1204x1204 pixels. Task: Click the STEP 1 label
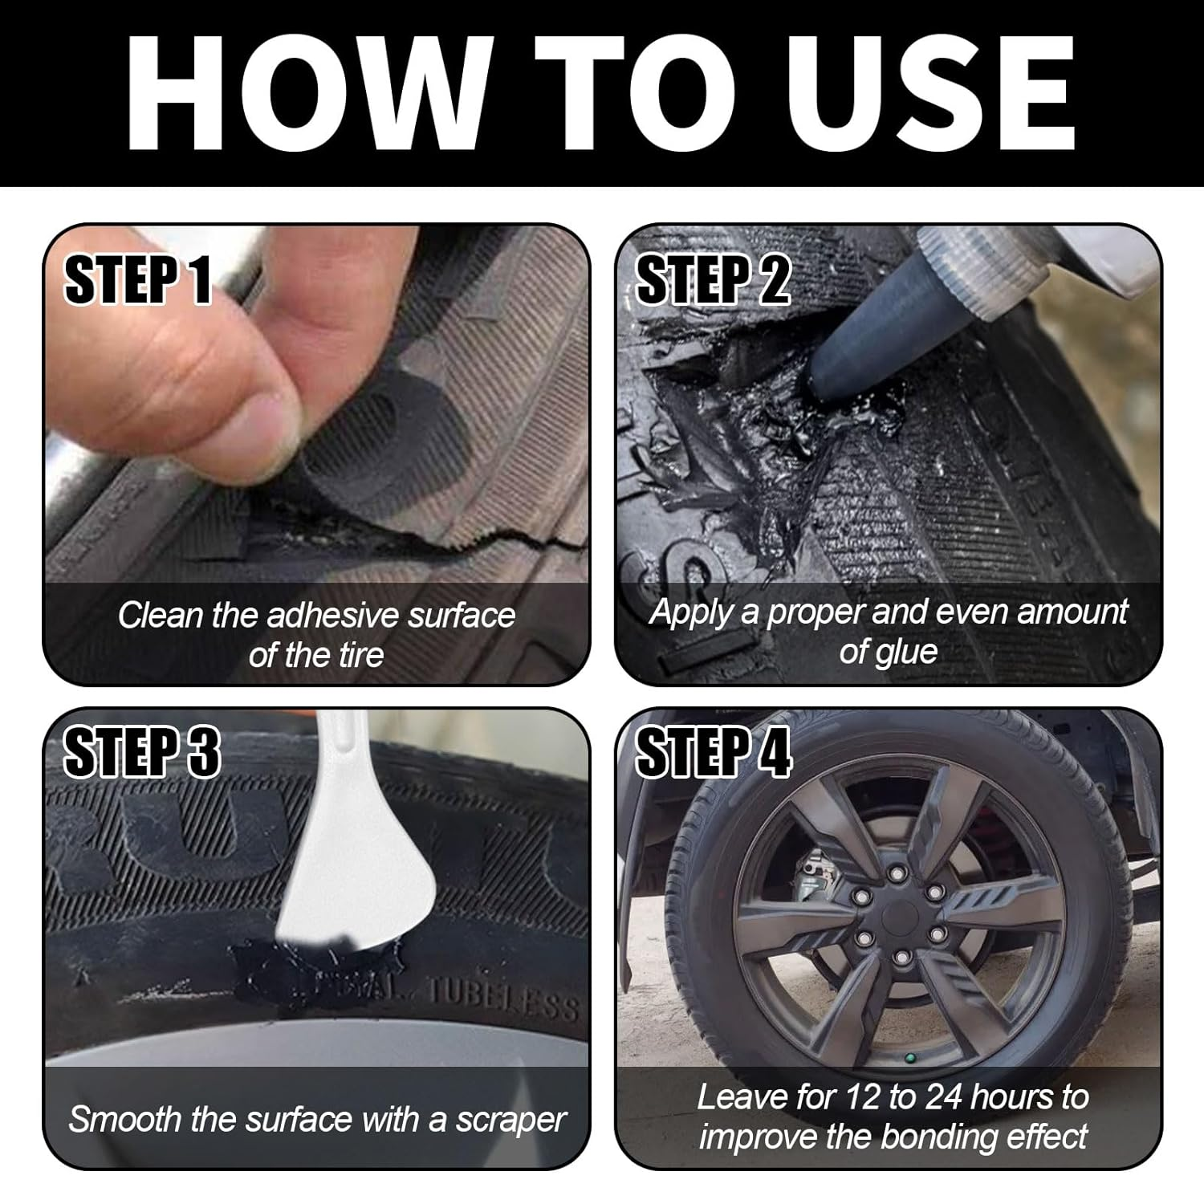click(x=137, y=280)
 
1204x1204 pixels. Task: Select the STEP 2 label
click(x=713, y=280)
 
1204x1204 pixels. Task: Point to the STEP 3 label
click(x=141, y=753)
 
